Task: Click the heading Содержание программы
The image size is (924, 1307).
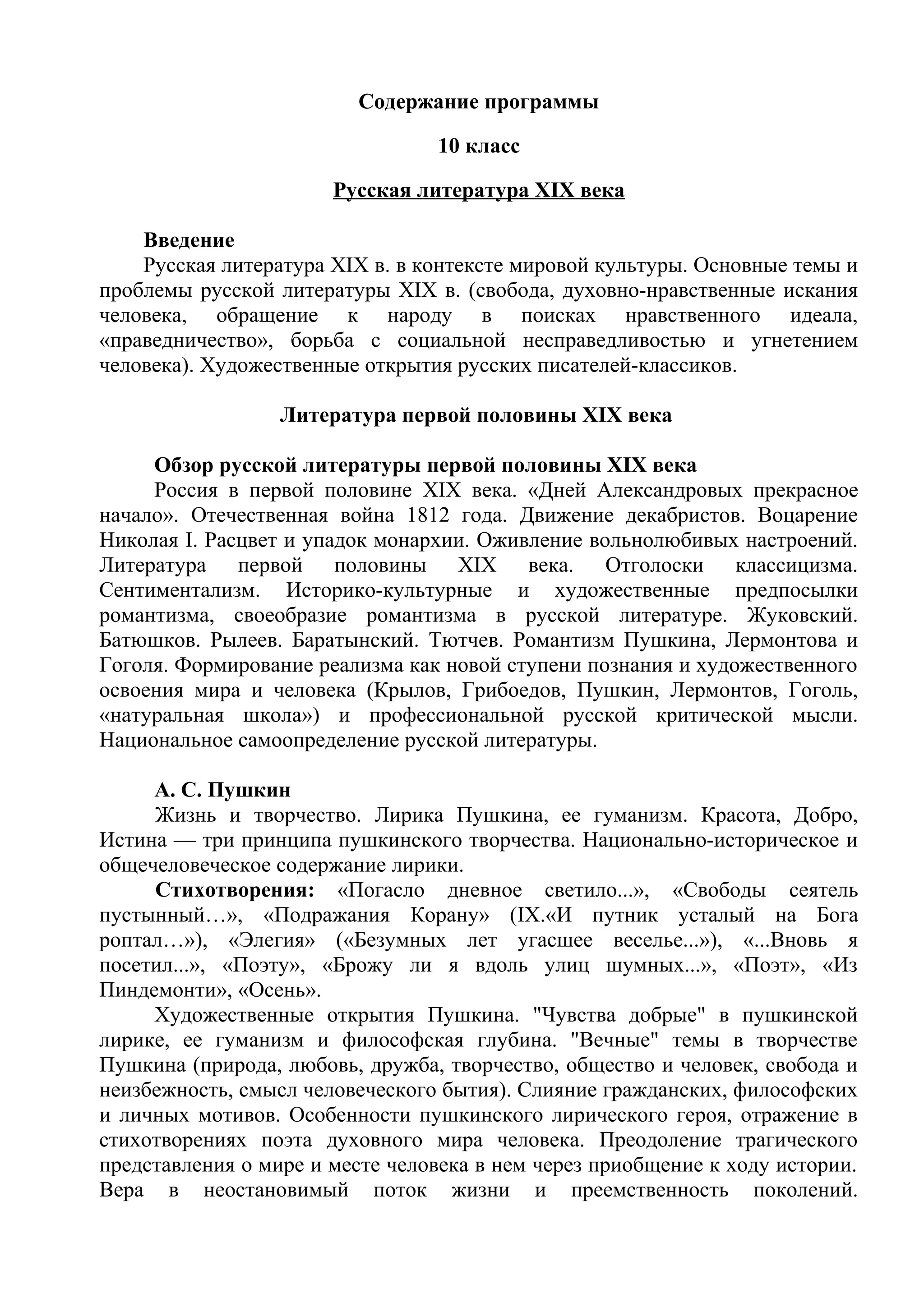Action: [478, 102]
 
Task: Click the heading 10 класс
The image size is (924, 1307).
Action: [478, 146]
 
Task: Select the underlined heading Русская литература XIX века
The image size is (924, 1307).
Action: [478, 190]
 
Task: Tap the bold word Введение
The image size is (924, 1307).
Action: [189, 240]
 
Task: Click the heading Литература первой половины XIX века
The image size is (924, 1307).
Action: [476, 415]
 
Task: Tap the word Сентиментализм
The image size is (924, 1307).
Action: [179, 591]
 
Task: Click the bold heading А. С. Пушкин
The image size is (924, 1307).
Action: [222, 791]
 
